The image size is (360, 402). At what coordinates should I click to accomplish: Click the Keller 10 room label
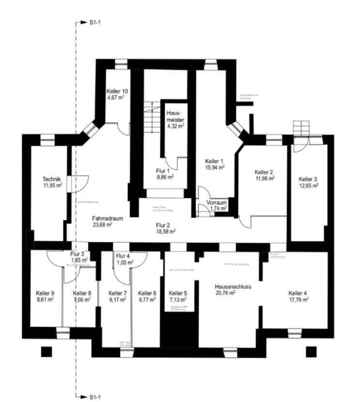coord(117,91)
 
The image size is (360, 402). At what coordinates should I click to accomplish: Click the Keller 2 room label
coord(265,172)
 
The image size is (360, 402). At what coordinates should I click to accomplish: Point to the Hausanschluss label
coord(232,286)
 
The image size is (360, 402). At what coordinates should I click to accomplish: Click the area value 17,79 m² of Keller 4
coord(298,299)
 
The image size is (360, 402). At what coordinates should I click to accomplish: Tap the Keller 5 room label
coord(178,293)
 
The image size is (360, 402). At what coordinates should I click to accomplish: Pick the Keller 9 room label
coord(45,293)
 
